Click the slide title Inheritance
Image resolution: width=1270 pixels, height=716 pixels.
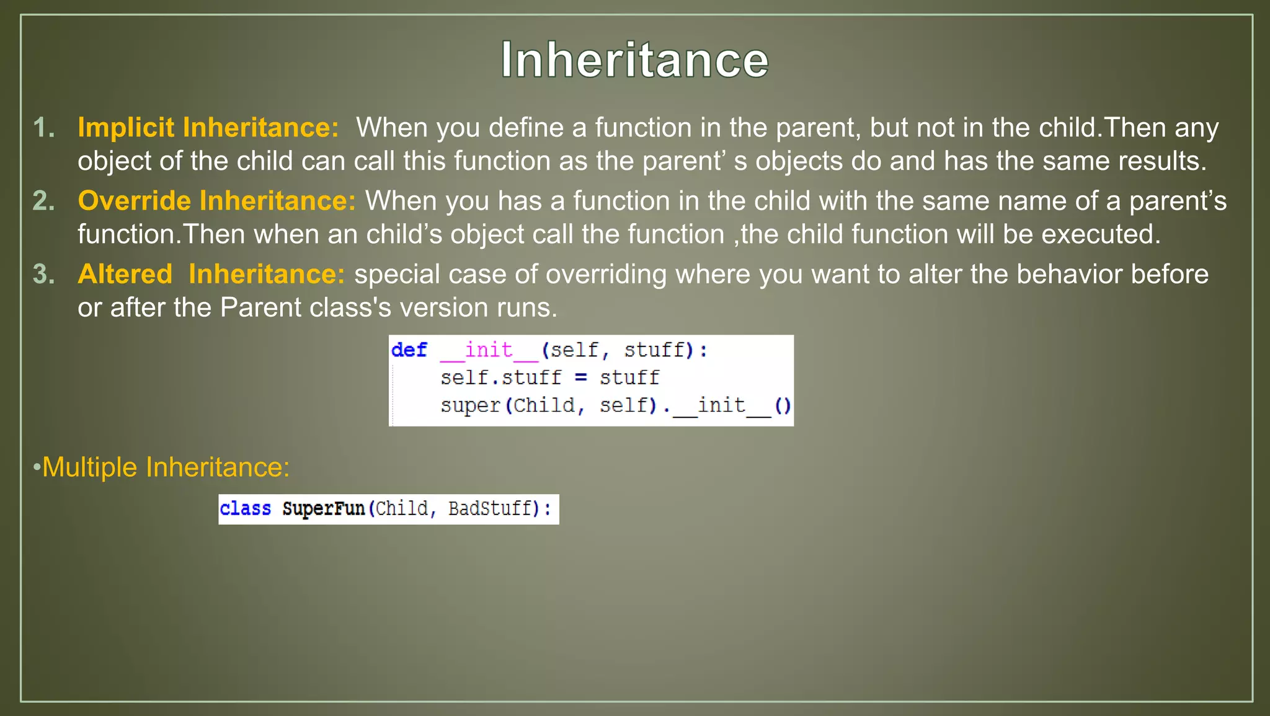(634, 60)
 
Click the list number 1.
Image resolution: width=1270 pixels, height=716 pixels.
(43, 128)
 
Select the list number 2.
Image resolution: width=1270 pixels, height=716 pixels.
(43, 201)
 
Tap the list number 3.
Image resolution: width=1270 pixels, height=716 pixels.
(43, 274)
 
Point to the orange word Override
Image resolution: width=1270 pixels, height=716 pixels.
(135, 201)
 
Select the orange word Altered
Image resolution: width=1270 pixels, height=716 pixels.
(125, 274)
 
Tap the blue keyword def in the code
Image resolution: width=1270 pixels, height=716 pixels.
(409, 350)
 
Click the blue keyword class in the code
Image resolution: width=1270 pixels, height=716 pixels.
(246, 509)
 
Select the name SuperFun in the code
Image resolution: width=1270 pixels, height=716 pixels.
(323, 509)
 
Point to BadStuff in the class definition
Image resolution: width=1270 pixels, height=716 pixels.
(490, 509)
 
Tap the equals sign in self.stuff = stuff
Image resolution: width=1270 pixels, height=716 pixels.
(580, 378)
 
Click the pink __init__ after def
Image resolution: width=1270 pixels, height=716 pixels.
(489, 350)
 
